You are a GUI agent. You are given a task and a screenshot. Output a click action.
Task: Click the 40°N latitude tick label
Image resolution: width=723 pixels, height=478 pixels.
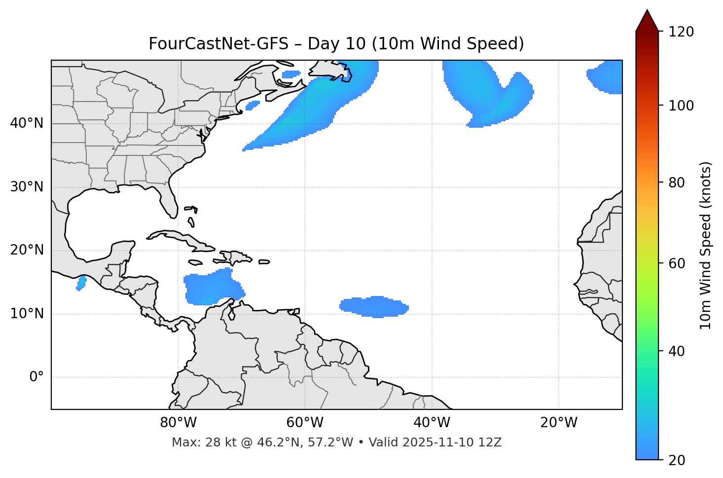click(x=27, y=123)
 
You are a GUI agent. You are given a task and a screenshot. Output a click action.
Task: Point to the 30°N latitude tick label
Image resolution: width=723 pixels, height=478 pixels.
click(x=27, y=187)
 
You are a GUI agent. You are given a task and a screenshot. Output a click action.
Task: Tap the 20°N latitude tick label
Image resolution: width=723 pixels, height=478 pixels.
click(x=27, y=250)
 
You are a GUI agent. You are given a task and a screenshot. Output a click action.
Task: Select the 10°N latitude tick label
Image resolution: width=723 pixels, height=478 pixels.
click(x=27, y=314)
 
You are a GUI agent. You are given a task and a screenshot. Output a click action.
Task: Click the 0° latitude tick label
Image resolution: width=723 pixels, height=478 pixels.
click(x=36, y=377)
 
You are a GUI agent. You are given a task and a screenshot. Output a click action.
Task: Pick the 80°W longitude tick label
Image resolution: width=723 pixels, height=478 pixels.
click(x=178, y=423)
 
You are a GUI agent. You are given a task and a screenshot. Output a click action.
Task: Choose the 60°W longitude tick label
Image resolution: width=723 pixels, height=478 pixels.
click(x=305, y=423)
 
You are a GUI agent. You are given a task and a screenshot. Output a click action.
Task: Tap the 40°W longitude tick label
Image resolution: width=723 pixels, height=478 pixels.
click(x=432, y=423)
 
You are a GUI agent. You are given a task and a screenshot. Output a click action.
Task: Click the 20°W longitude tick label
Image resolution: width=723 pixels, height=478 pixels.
click(x=559, y=423)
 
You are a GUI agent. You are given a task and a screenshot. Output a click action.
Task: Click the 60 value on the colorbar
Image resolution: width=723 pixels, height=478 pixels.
click(x=676, y=263)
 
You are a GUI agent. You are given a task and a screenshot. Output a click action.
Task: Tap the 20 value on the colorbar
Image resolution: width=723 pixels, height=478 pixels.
click(x=676, y=460)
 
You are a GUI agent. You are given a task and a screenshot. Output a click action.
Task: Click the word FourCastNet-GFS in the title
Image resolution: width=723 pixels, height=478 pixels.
click(x=218, y=44)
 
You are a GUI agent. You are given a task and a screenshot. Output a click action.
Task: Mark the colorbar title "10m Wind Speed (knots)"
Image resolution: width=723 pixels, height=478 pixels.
click(x=706, y=245)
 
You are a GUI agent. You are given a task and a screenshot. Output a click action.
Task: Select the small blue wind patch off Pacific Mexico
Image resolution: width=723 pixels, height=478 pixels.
click(x=81, y=283)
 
